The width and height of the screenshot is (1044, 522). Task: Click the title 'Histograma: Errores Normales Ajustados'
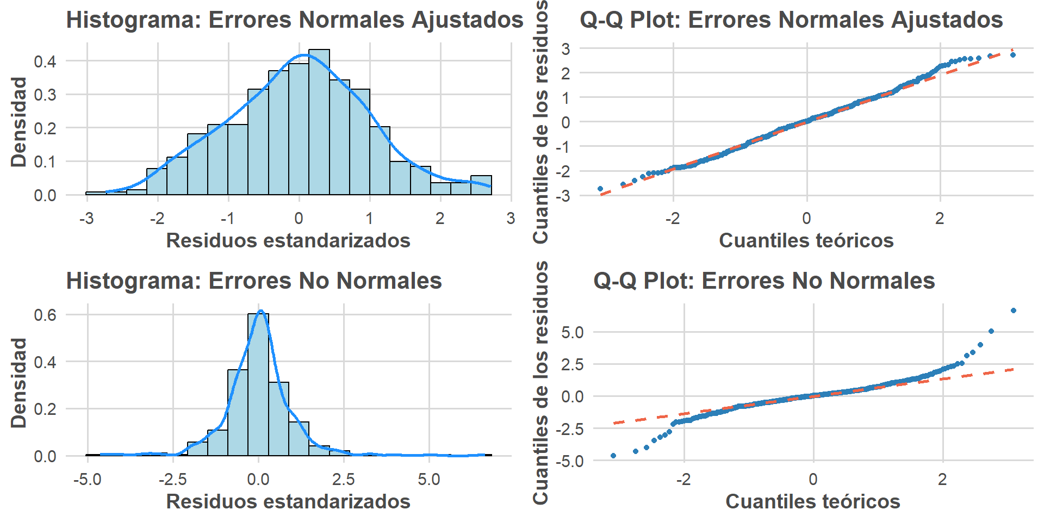click(x=294, y=20)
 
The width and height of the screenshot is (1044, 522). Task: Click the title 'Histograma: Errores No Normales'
click(x=254, y=281)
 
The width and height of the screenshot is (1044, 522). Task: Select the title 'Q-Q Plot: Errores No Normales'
click(x=764, y=281)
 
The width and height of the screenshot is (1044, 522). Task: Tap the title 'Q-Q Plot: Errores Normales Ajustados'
click(x=791, y=20)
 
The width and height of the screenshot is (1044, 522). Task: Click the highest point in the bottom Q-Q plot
click(x=1013, y=310)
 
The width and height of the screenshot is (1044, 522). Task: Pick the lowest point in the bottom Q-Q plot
click(x=613, y=456)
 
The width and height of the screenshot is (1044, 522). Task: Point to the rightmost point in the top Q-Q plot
click(x=1012, y=55)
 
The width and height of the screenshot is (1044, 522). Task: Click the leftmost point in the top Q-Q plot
click(x=600, y=189)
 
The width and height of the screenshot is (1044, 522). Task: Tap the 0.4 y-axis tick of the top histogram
click(x=45, y=61)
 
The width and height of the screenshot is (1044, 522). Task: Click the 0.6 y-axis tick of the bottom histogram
click(x=45, y=315)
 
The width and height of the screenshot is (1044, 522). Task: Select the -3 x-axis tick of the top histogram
click(x=86, y=219)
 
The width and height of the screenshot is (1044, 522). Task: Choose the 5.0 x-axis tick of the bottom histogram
click(x=429, y=480)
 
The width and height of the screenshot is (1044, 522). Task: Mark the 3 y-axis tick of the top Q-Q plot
click(x=566, y=49)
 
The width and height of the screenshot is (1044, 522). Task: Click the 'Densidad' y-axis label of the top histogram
click(x=19, y=122)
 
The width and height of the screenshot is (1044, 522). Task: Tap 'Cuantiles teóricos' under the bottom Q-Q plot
click(x=812, y=501)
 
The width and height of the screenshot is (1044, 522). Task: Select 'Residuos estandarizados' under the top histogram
click(x=288, y=240)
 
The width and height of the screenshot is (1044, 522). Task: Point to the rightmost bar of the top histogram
click(x=481, y=185)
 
